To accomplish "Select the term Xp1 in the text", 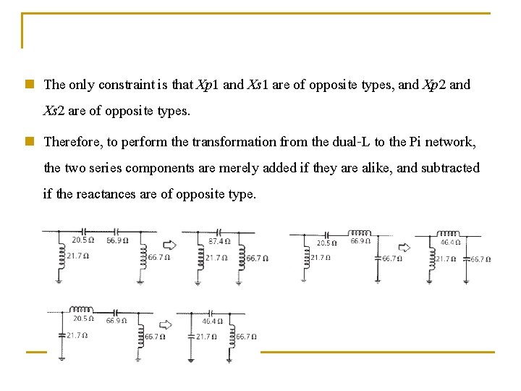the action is [208, 85].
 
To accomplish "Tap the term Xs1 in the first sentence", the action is [258, 85].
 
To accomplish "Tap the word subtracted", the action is [450, 168].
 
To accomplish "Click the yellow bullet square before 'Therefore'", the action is [29, 142].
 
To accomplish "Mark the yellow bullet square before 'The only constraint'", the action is [29, 85].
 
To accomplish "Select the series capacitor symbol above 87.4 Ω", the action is [218, 232].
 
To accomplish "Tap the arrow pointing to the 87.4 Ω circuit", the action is [168, 245].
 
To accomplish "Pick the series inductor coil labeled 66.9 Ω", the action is [360, 233].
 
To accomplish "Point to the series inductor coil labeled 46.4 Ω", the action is [449, 233].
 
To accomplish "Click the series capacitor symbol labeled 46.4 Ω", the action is [212, 313].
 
